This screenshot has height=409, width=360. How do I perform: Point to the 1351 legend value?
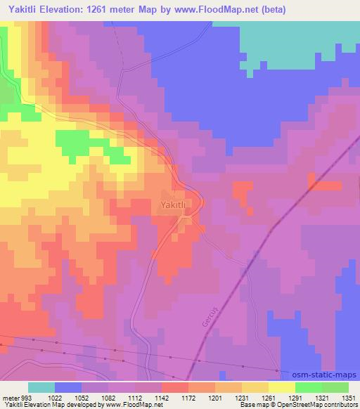[x=349, y=397]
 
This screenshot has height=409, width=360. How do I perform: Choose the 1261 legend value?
[x=269, y=397]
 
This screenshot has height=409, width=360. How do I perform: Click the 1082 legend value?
[x=109, y=397]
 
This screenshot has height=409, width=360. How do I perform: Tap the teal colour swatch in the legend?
[x=41, y=387]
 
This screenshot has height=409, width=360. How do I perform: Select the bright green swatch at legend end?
[x=335, y=387]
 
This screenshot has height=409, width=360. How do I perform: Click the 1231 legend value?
[x=243, y=397]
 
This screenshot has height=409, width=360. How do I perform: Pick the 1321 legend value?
[x=322, y=397]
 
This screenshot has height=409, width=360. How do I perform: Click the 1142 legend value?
[x=162, y=397]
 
